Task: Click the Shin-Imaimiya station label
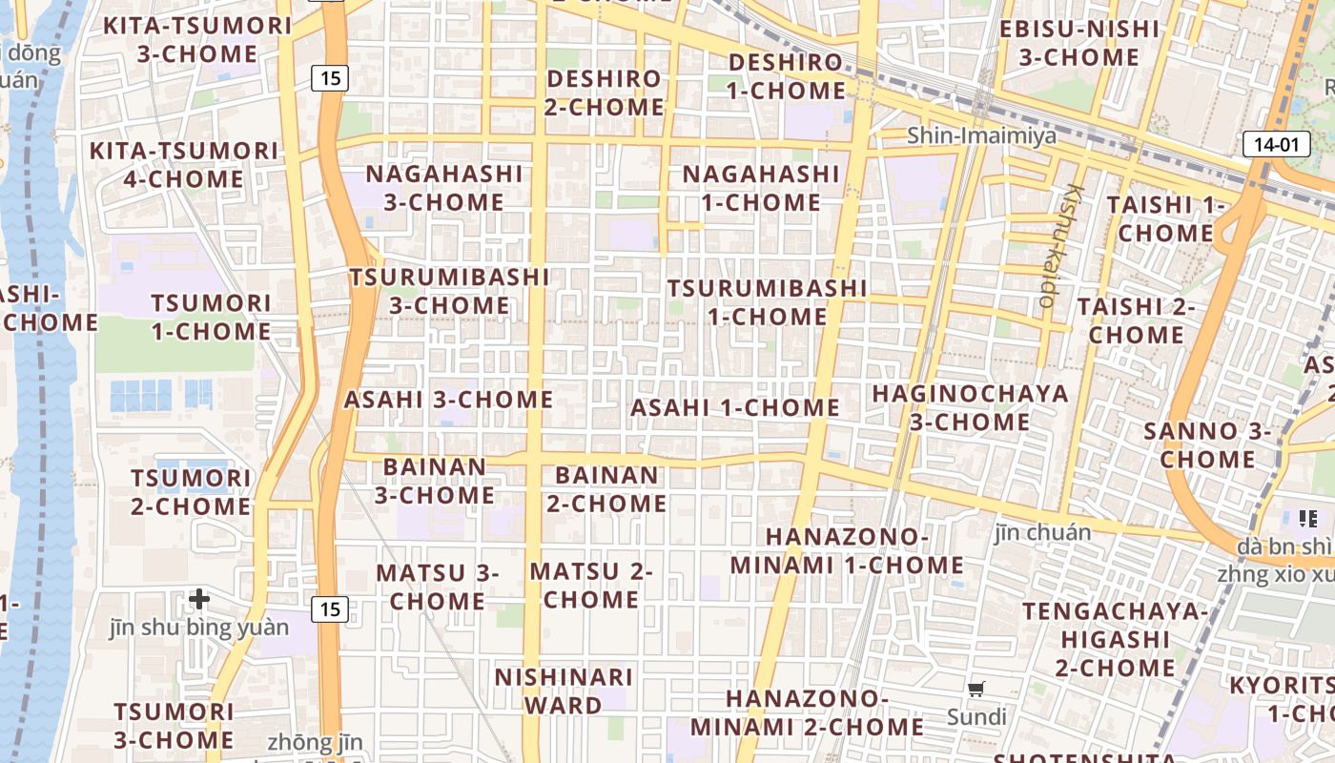click(x=981, y=135)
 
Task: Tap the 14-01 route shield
click(x=1275, y=145)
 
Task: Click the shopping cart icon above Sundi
click(x=976, y=689)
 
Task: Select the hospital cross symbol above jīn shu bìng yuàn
click(x=198, y=599)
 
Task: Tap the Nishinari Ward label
click(x=564, y=691)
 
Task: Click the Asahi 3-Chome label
click(x=448, y=400)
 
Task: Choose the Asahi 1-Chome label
click(x=735, y=408)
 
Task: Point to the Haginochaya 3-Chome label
click(x=970, y=407)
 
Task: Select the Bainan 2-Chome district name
click(x=606, y=488)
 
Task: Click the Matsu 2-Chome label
click(x=591, y=586)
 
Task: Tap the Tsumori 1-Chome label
click(x=211, y=318)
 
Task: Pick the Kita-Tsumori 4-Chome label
click(x=183, y=164)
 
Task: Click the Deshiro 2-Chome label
click(x=604, y=93)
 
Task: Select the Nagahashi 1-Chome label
click(x=761, y=188)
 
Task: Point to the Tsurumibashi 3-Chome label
click(x=449, y=291)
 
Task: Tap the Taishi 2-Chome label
click(x=1136, y=320)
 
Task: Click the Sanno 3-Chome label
click(x=1207, y=444)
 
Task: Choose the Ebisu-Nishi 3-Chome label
click(x=1079, y=43)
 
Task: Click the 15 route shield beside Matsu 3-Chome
click(x=329, y=608)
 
